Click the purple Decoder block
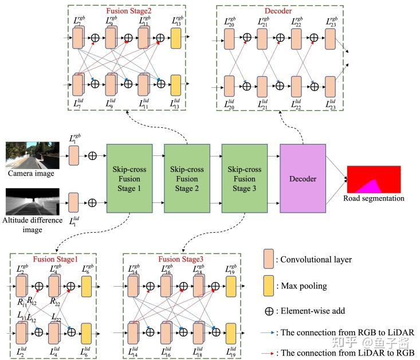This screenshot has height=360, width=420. click(302, 178)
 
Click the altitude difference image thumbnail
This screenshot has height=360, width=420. click(33, 202)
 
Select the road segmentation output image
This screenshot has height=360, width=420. click(374, 179)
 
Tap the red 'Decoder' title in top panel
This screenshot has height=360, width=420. click(278, 10)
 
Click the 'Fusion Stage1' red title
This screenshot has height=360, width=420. click(56, 260)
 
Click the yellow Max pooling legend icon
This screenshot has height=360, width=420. click(269, 285)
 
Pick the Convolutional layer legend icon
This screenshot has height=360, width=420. click(269, 259)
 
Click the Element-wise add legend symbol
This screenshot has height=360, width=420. click(268, 312)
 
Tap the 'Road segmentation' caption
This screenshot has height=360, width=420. click(374, 198)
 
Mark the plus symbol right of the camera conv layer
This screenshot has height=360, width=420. click(92, 155)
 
